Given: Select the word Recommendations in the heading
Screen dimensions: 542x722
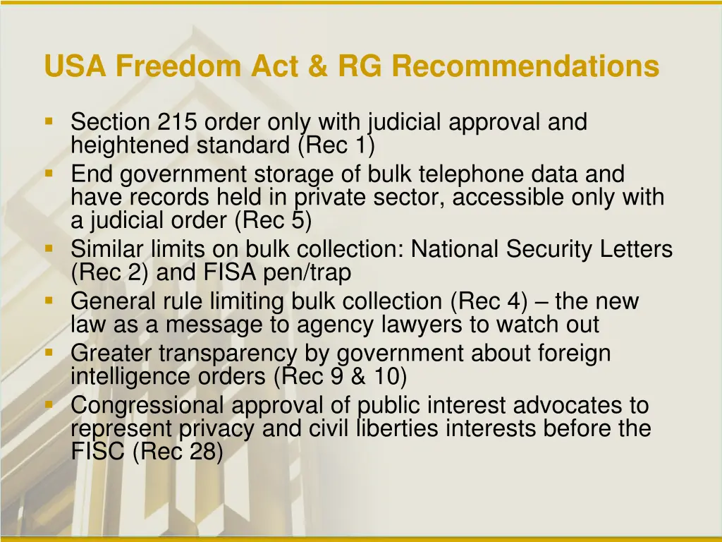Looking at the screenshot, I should [x=526, y=67].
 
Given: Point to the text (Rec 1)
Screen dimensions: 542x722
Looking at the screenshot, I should [x=336, y=145].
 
